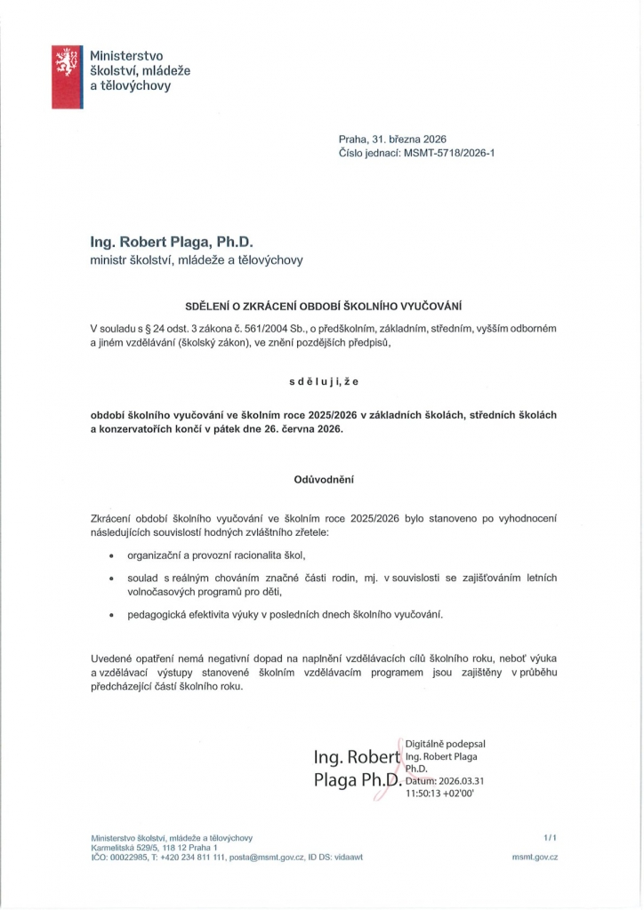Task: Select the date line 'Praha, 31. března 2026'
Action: [x=391, y=140]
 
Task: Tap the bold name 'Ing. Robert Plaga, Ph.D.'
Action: [x=172, y=242]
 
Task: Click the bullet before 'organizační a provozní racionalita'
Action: [x=110, y=555]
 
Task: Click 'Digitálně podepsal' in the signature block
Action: [x=445, y=744]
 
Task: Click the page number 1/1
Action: [x=549, y=837]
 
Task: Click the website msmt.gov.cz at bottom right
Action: [x=535, y=857]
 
